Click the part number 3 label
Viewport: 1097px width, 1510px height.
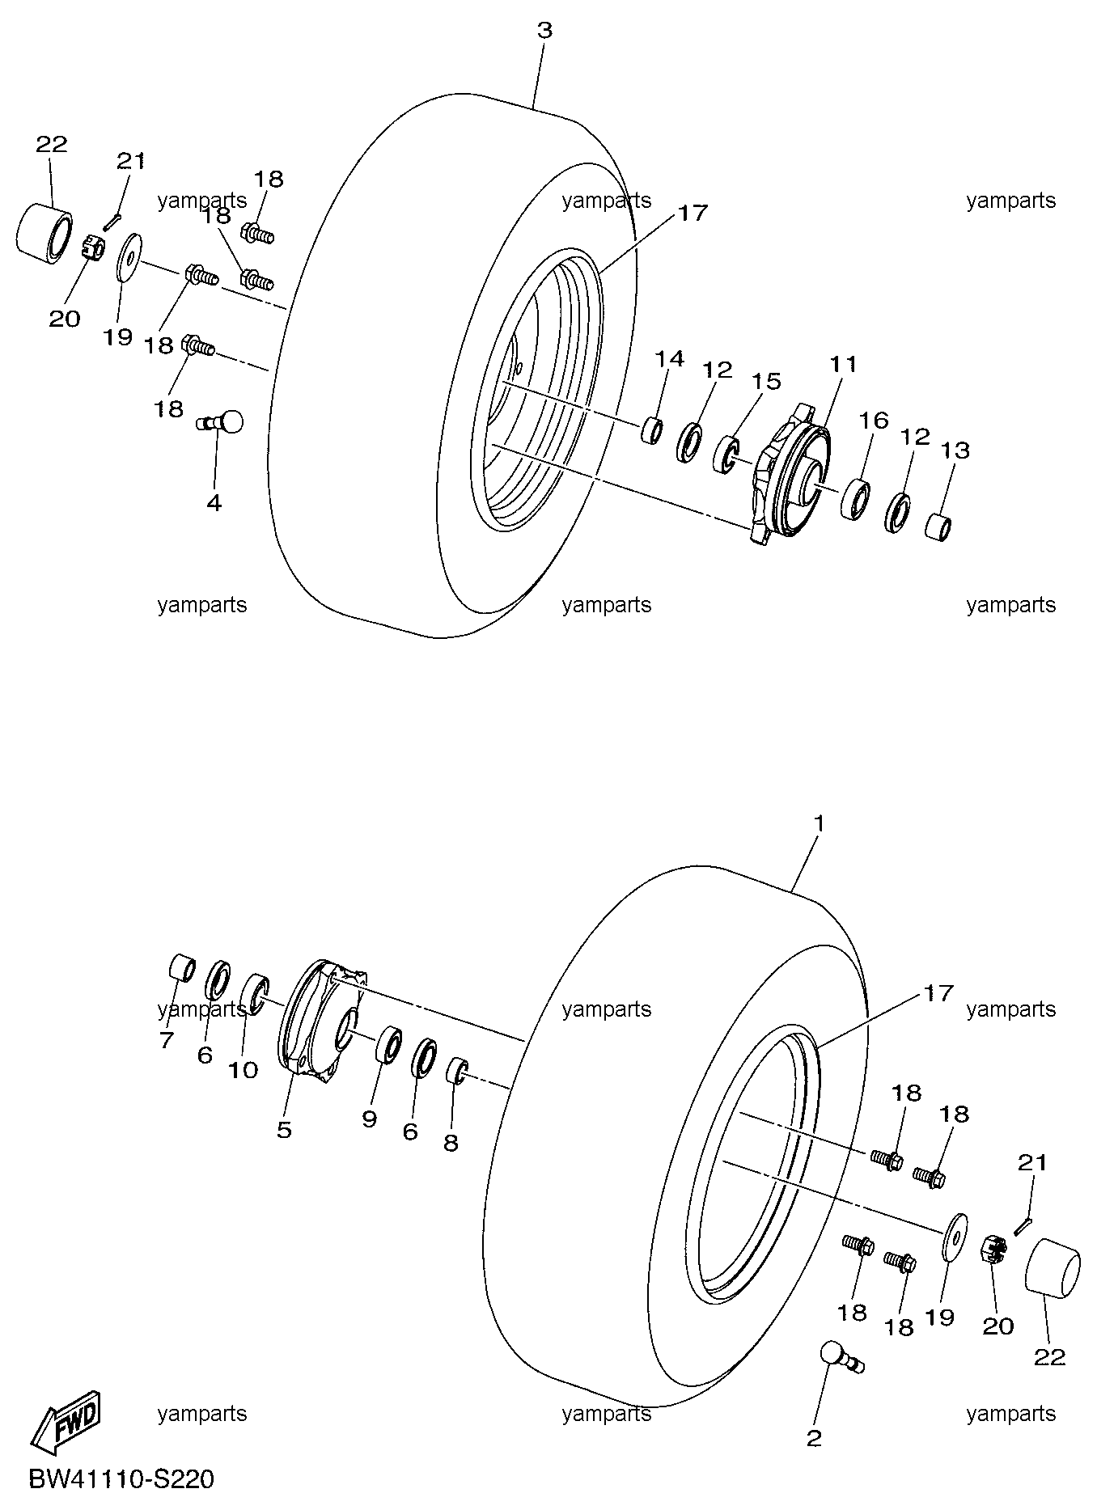pyautogui.click(x=544, y=31)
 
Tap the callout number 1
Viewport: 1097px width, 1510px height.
pyautogui.click(x=819, y=823)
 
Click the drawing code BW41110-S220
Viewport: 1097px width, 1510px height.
pyautogui.click(x=122, y=1480)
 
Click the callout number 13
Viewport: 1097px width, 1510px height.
pyautogui.click(x=955, y=450)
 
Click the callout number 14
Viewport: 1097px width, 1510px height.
pyautogui.click(x=670, y=359)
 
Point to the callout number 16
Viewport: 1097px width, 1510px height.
pyautogui.click(x=874, y=421)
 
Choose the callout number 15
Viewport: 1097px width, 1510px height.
pyautogui.click(x=767, y=381)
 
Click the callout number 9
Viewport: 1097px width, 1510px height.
pyautogui.click(x=370, y=1120)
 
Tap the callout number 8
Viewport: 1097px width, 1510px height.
pyautogui.click(x=451, y=1143)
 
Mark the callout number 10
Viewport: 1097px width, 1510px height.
pyautogui.click(x=243, y=1070)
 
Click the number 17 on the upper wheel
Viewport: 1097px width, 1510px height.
pyautogui.click(x=693, y=214)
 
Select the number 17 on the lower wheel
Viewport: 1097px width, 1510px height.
pyautogui.click(x=938, y=992)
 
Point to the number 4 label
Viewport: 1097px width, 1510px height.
pyautogui.click(x=214, y=503)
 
